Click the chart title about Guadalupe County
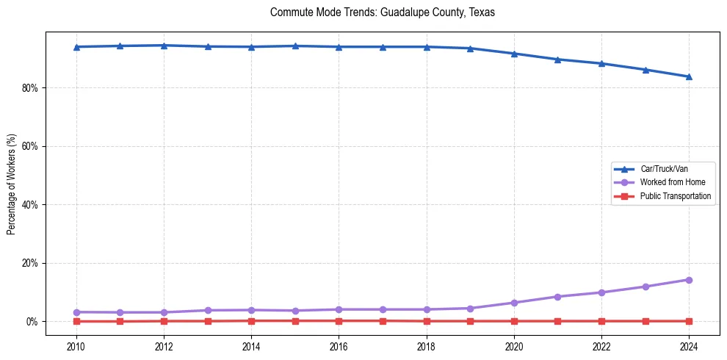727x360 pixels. pos(383,12)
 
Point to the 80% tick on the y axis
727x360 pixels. pos(31,87)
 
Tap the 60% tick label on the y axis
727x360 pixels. pos(31,146)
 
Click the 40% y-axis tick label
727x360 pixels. pos(31,204)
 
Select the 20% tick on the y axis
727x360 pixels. pos(31,263)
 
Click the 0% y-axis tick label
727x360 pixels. pos(33,322)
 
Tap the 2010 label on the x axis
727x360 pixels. pos(76,345)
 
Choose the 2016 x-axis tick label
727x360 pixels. pos(339,345)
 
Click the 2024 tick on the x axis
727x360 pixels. pos(689,345)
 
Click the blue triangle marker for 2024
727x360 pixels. pos(689,76)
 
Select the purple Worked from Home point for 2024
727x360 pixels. pos(689,280)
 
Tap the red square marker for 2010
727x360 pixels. pos(76,321)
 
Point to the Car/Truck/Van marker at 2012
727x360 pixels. pos(164,46)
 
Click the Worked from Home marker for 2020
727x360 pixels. pos(514,303)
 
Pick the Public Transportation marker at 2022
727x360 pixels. pos(601,321)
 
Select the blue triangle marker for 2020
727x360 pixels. pos(514,54)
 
